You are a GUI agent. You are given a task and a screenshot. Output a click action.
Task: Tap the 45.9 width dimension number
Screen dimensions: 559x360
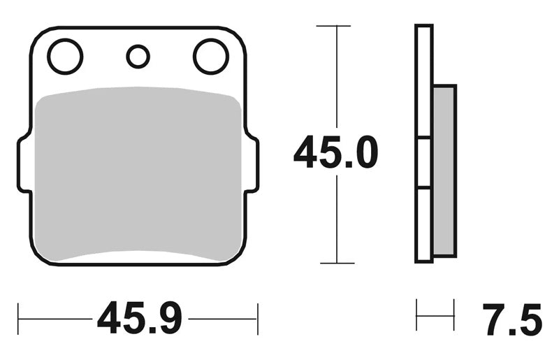[x=140, y=317]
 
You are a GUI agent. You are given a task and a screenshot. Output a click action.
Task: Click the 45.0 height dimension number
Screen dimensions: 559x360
[x=335, y=152]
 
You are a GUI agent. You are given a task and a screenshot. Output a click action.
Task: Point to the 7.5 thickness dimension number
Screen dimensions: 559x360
[x=512, y=320]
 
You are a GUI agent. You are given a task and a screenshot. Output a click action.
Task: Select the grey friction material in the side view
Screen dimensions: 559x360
[x=444, y=171]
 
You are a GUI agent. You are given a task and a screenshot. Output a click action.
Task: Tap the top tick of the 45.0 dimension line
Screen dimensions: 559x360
[x=333, y=26]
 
